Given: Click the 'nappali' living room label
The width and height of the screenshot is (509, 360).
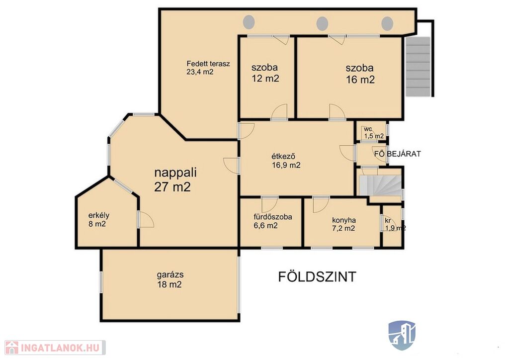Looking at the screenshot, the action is coord(175,173).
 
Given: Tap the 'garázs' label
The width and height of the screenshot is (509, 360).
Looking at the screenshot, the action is coord(170,274).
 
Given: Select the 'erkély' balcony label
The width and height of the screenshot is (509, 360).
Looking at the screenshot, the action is coord(99,215).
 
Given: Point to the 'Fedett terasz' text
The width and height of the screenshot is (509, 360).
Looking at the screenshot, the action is coord(208,64).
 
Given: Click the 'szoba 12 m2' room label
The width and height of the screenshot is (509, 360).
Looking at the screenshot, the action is coord(265,73).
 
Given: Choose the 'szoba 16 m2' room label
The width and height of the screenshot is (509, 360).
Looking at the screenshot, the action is coord(360,74).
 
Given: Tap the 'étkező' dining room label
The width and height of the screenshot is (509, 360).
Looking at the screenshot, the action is coord(283,157).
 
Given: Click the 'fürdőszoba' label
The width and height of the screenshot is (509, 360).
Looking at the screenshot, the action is coord(273,217).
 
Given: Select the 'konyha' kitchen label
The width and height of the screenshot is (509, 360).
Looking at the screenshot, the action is coord(344,220).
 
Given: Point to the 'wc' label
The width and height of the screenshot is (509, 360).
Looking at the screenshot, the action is coord(368,129).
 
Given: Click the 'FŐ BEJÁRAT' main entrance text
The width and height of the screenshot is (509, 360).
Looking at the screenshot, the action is coord(397,154).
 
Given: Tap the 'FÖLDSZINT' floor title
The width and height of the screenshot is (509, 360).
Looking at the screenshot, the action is coord(317,277).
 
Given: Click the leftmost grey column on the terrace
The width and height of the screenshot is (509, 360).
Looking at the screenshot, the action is coord(249,22).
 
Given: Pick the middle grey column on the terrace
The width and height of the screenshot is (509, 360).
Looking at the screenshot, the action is coord(322,23).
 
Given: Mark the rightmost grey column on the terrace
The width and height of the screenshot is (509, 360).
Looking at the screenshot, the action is coord(387,23).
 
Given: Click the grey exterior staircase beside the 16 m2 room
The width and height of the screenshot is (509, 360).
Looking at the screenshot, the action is coord(418,67).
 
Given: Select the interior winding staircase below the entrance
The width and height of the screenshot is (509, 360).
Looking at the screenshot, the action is coord(380,185).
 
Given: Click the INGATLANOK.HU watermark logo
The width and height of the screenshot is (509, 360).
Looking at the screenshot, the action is coord(55,348).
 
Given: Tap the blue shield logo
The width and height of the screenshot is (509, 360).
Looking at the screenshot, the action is coord(402,335).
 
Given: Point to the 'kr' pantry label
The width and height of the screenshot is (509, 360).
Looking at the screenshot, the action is coord(387,221).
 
